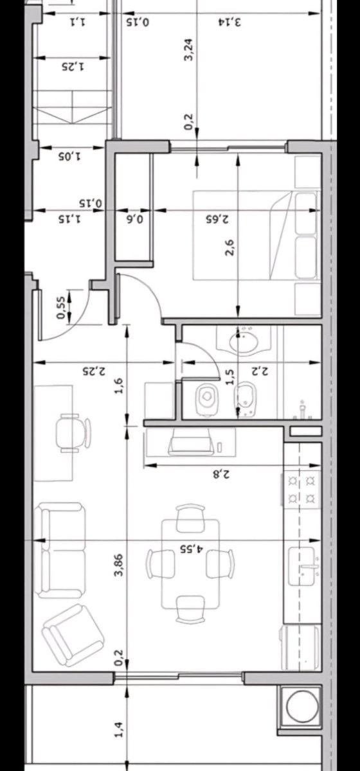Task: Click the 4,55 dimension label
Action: pyautogui.click(x=192, y=548)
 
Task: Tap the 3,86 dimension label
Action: pyautogui.click(x=119, y=565)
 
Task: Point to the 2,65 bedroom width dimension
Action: pyautogui.click(x=217, y=219)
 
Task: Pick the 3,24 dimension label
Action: pyautogui.click(x=189, y=49)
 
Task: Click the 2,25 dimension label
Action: pyautogui.click(x=94, y=371)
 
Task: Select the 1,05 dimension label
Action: pyautogui.click(x=69, y=157)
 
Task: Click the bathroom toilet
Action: pyautogui.click(x=207, y=399)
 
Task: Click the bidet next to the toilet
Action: pyautogui.click(x=246, y=399)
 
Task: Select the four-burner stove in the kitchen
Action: pyautogui.click(x=301, y=489)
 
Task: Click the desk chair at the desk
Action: pyautogui.click(x=73, y=432)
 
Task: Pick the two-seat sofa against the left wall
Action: pyautogui.click(x=60, y=550)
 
